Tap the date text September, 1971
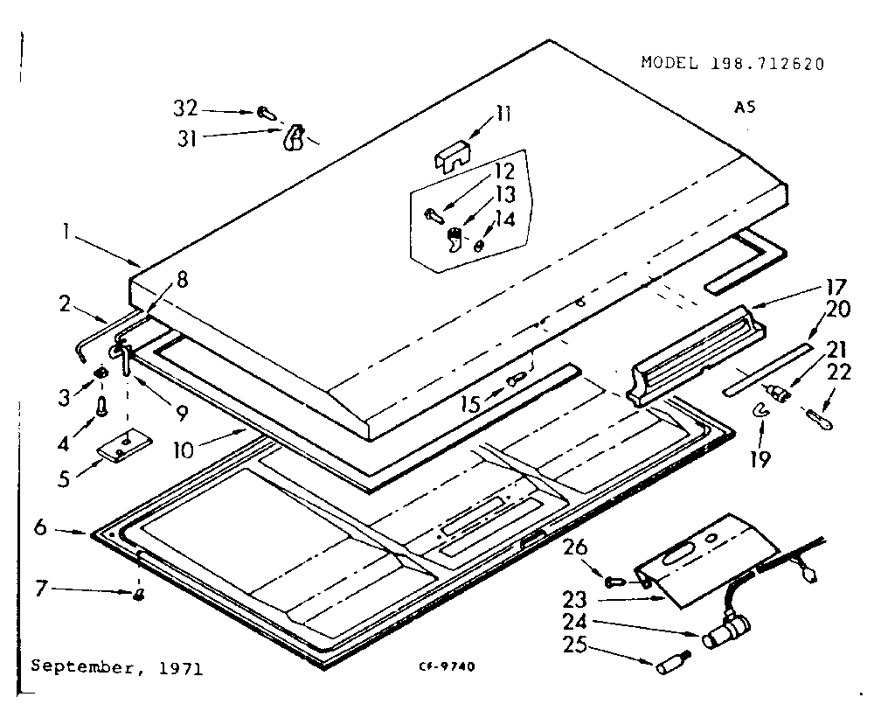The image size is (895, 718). tap(116, 667)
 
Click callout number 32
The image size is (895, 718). tap(184, 108)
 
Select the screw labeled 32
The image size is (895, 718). tap(266, 113)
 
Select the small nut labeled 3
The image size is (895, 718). tap(101, 373)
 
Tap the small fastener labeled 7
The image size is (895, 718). tap(138, 596)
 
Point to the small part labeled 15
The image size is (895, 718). tap(516, 380)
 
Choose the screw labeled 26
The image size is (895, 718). tap(614, 580)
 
